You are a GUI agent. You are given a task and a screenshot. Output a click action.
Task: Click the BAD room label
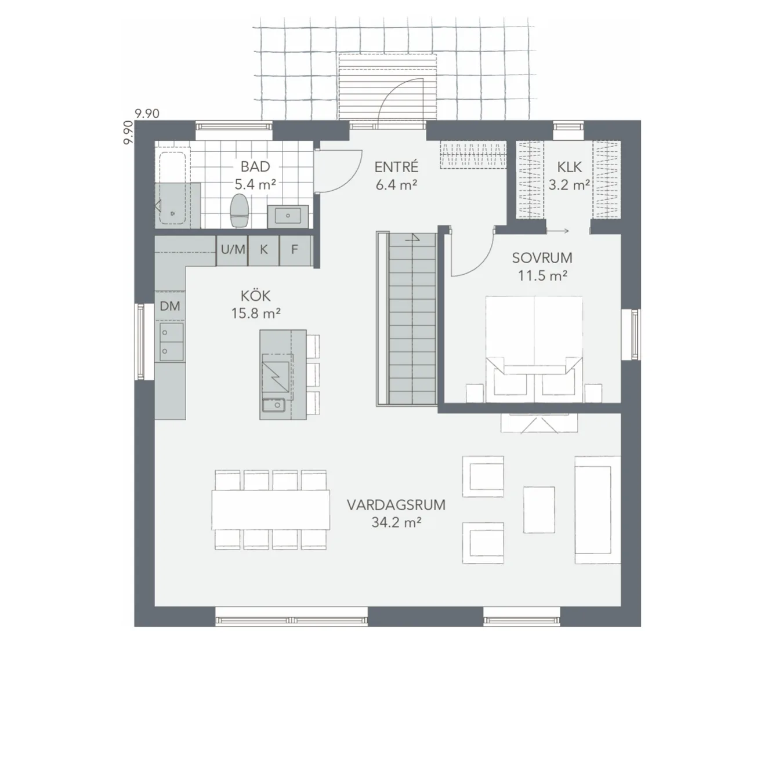click(x=255, y=167)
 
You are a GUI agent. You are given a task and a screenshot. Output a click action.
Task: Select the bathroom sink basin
click(x=288, y=216)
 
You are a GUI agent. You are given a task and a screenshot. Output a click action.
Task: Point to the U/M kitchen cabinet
click(x=233, y=250)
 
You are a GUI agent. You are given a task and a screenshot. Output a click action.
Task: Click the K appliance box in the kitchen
click(x=264, y=250)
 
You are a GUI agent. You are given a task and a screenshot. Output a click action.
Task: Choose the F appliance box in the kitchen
click(x=295, y=250)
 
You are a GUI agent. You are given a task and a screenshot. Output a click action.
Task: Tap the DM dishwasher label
click(x=170, y=306)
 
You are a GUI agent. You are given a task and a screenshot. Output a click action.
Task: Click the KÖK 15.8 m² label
click(x=255, y=304)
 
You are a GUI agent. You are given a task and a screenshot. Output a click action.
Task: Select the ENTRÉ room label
click(x=396, y=175)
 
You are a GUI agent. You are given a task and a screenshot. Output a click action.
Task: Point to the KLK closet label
click(x=569, y=176)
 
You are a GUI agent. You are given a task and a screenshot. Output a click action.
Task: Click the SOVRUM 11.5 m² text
click(x=542, y=266)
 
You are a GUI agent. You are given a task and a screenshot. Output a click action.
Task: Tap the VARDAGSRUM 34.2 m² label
click(x=396, y=513)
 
